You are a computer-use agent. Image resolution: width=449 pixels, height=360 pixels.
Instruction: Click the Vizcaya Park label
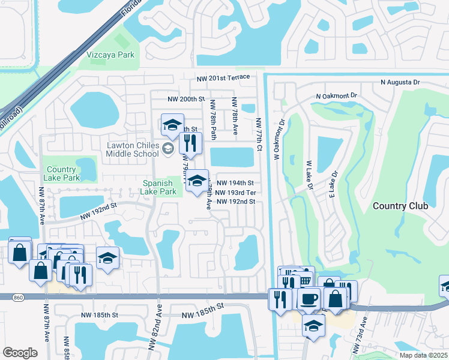tap(110, 55)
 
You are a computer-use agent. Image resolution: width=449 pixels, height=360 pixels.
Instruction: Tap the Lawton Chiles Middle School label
tap(133, 149)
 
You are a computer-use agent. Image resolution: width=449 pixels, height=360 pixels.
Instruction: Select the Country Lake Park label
tap(62, 174)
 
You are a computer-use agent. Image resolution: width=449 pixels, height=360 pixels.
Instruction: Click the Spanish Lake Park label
tap(158, 187)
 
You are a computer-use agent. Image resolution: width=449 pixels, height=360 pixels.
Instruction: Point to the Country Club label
tap(400, 206)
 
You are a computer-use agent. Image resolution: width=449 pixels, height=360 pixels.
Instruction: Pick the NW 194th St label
tap(235, 183)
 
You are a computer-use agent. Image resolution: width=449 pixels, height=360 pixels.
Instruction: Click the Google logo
tap(20, 353)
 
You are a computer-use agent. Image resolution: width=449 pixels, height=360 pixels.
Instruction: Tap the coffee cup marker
tap(309, 298)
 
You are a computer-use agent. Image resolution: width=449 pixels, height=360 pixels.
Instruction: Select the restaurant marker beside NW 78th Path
tap(187, 143)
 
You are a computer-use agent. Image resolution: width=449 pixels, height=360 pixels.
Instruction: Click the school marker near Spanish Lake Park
tap(197, 181)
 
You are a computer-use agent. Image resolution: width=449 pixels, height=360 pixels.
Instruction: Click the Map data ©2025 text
tap(423, 355)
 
